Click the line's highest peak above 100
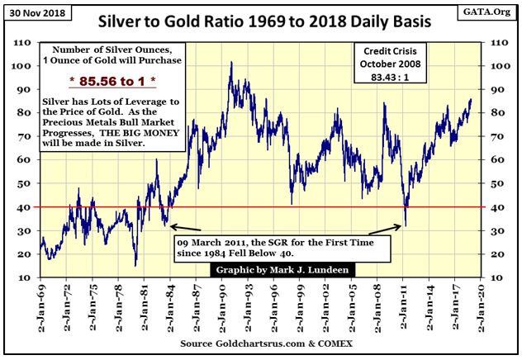[x=229, y=62]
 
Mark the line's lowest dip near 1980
[x=135, y=266]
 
